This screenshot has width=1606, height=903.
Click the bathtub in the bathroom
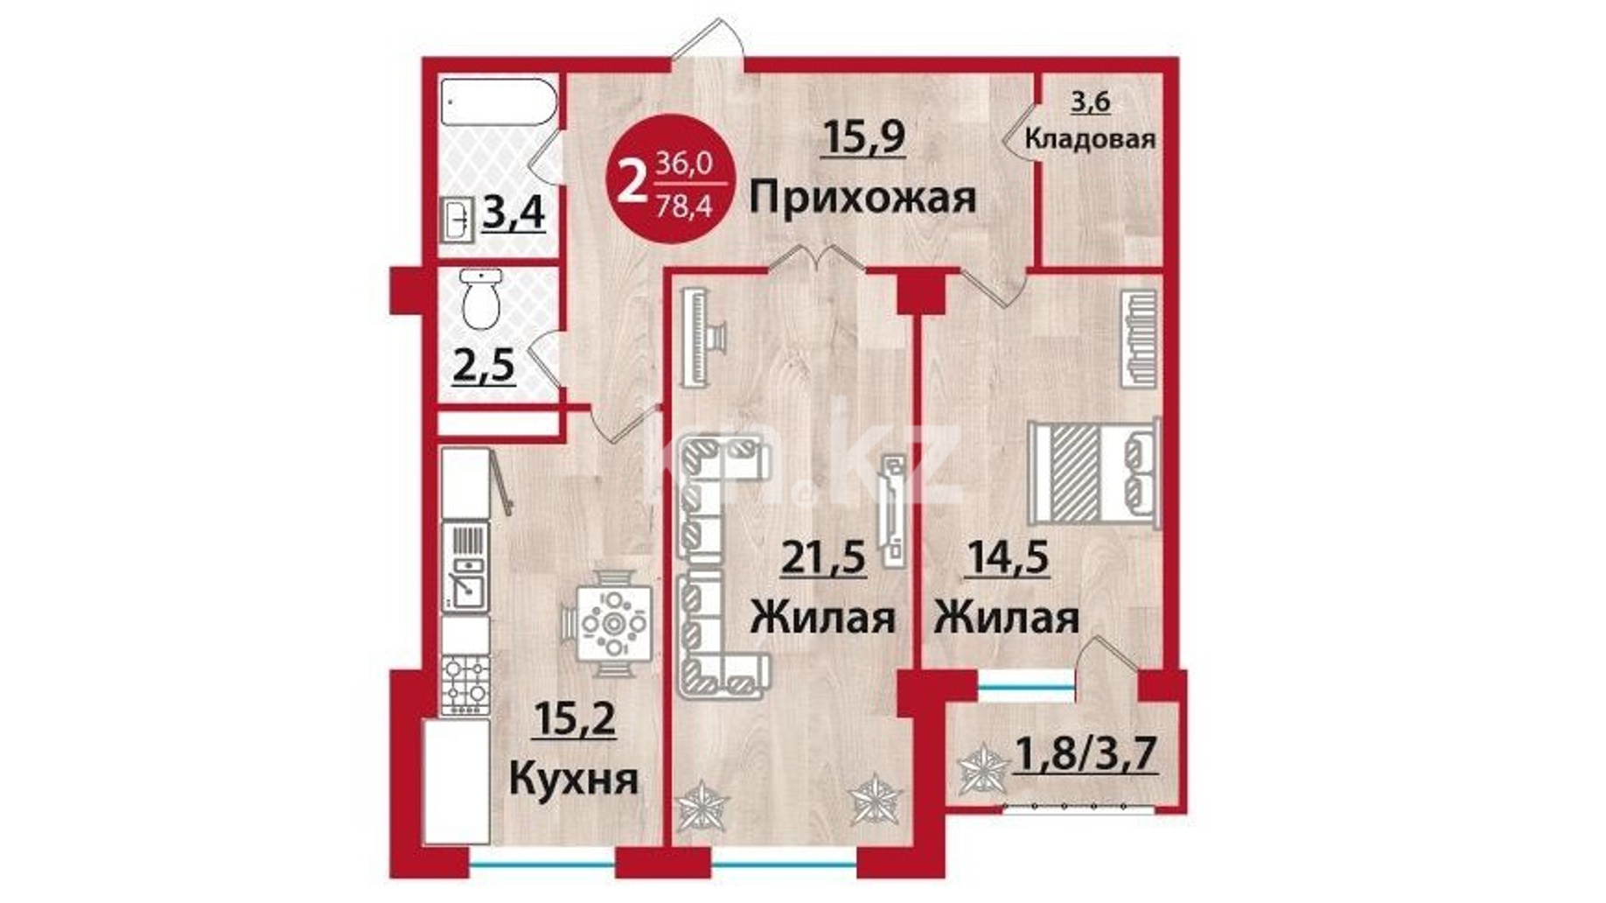pos(499,103)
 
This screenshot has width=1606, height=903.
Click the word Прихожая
pos(862,198)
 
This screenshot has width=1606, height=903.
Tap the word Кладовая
pos(1090,138)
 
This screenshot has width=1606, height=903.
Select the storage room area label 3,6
pos(1091,102)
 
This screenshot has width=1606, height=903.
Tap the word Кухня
pos(574,778)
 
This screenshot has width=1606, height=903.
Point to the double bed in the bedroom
pos(1094,473)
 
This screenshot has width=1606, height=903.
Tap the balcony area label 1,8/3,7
pos(1086,754)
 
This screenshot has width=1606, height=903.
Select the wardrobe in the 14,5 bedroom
pos(1139,338)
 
